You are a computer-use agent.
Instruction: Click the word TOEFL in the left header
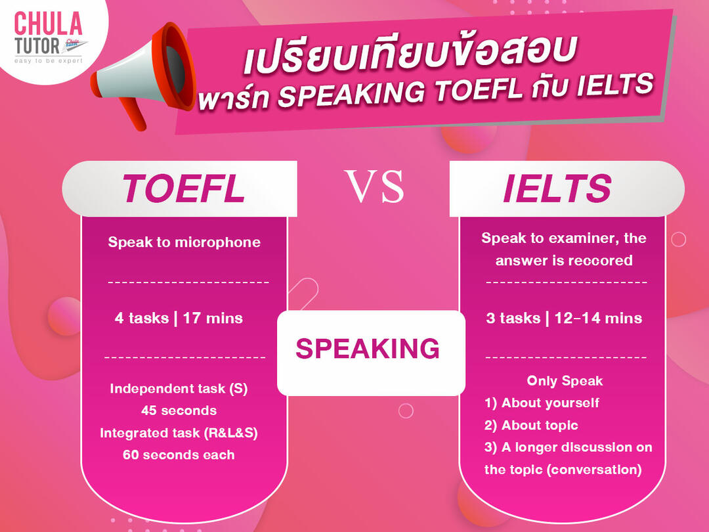(x=183, y=188)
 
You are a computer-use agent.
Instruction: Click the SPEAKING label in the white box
(x=367, y=349)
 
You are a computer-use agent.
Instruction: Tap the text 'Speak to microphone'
(x=184, y=242)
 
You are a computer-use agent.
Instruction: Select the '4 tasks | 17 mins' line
(x=179, y=319)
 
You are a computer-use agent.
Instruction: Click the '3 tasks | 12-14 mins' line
(x=564, y=319)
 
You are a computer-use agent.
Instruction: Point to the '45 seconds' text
(x=179, y=410)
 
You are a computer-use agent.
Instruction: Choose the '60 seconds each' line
(x=179, y=454)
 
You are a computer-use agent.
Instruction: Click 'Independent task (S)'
(x=179, y=388)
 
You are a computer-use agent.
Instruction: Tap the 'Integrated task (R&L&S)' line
(x=179, y=433)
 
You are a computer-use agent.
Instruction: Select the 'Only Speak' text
(x=565, y=381)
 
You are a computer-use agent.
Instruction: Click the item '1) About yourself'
(x=542, y=403)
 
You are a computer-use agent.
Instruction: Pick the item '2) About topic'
(x=531, y=425)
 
